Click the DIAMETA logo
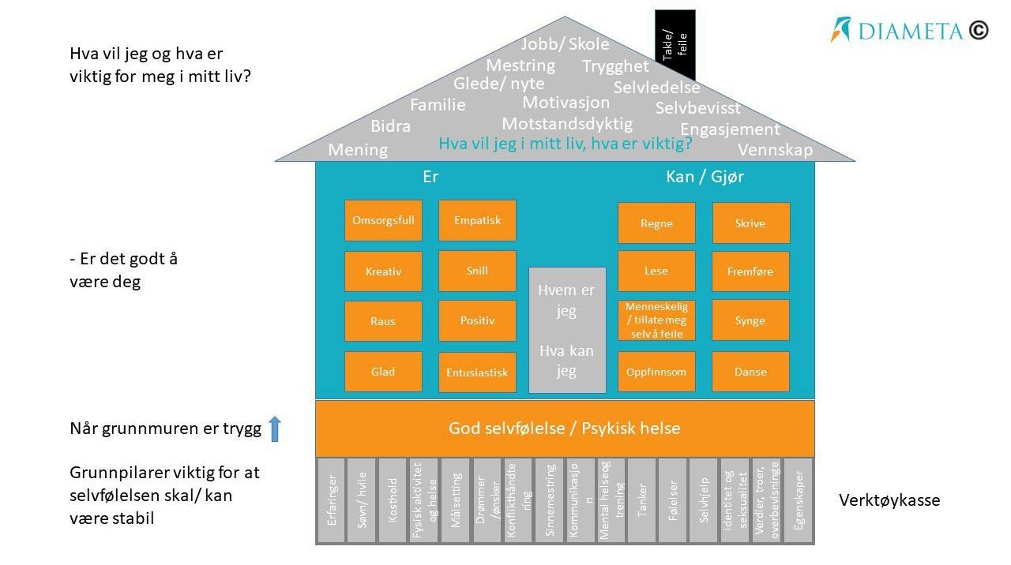909,30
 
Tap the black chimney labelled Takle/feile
675,45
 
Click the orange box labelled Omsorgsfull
383,220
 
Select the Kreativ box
383,271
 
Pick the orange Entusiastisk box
477,372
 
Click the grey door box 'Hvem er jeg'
566,330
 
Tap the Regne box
656,223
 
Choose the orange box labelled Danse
750,372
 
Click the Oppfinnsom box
656,372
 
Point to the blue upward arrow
275,428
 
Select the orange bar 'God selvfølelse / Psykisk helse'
564,428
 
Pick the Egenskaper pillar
799,500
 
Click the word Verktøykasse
889,500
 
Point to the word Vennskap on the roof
775,150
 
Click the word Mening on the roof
358,150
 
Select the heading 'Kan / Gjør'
705,177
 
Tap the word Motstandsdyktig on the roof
567,124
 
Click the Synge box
750,320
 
